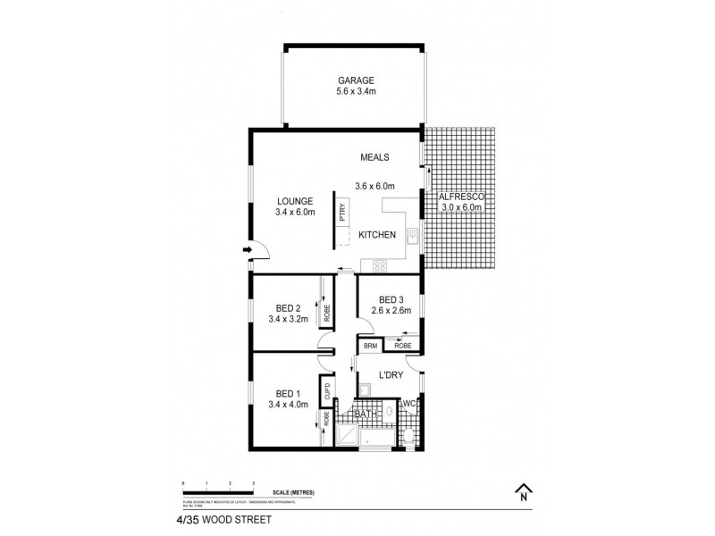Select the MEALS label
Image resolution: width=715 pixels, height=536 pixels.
[x=375, y=157]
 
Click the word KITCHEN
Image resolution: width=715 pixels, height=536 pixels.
[x=377, y=235]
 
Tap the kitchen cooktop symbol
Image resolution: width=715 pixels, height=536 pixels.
[x=379, y=264]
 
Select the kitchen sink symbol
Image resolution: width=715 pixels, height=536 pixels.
[x=411, y=237]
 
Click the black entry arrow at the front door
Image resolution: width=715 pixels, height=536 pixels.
[x=245, y=251]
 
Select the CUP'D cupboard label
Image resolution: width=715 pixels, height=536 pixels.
[x=327, y=391]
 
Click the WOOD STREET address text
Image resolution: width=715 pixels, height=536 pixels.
[x=231, y=515]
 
